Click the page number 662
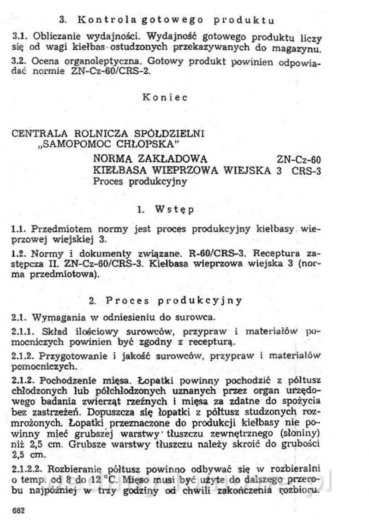[17, 511]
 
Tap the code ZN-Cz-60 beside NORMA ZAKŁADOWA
[299, 160]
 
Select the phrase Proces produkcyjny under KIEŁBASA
[140, 181]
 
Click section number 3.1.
[20, 36]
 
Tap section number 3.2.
[20, 62]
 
